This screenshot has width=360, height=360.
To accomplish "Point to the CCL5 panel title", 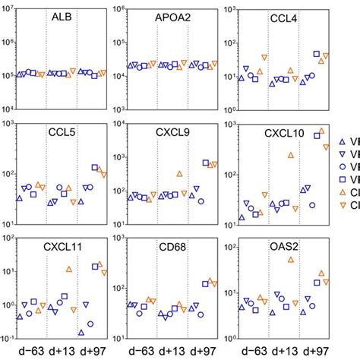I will (62, 134).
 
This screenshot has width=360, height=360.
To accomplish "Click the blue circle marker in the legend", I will (343, 166).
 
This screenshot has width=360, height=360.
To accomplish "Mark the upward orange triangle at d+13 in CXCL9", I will (179, 174).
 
